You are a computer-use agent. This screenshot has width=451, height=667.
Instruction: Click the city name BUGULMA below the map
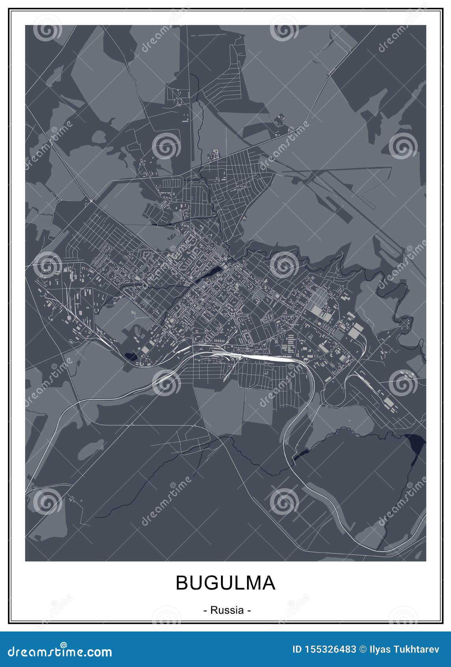pos(225,583)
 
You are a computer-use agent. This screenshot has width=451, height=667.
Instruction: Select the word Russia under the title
pos(227,610)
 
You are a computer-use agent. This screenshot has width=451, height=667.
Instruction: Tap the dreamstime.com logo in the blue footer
pos(60,651)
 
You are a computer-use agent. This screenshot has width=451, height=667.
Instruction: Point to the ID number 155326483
pos(329,649)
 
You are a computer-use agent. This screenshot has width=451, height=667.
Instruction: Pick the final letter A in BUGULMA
pos(268,583)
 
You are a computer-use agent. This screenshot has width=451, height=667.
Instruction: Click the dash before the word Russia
pos(205,610)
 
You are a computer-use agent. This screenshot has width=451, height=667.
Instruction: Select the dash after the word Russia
pos(249,610)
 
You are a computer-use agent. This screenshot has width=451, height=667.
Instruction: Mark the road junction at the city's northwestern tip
pos(91,201)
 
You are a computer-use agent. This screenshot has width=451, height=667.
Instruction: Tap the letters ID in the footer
pos(296,649)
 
